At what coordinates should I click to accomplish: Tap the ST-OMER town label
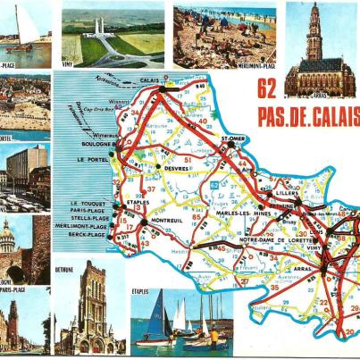233,139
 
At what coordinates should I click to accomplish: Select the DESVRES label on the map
176,167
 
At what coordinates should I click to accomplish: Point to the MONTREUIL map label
167,221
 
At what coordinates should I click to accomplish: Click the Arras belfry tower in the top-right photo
314,31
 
